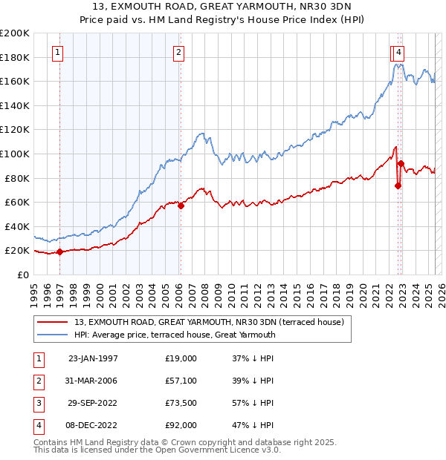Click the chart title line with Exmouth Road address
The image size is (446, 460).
pyautogui.click(x=222, y=7)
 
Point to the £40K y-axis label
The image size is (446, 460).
pyautogui.click(x=17, y=226)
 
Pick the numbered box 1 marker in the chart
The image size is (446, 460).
pyautogui.click(x=59, y=52)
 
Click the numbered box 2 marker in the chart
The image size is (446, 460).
pyautogui.click(x=179, y=52)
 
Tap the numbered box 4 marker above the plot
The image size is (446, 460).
pyautogui.click(x=400, y=52)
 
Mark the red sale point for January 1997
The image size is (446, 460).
pyautogui.click(x=59, y=252)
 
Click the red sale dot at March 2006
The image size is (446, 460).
pyautogui.click(x=181, y=206)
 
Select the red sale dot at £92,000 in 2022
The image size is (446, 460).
pyautogui.click(x=401, y=163)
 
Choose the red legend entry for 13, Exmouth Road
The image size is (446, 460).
pyautogui.click(x=209, y=323)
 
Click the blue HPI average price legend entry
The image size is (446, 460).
pyautogui.click(x=175, y=335)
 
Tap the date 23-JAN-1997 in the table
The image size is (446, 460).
pyautogui.click(x=92, y=358)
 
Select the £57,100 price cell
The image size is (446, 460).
pyautogui.click(x=181, y=381)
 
